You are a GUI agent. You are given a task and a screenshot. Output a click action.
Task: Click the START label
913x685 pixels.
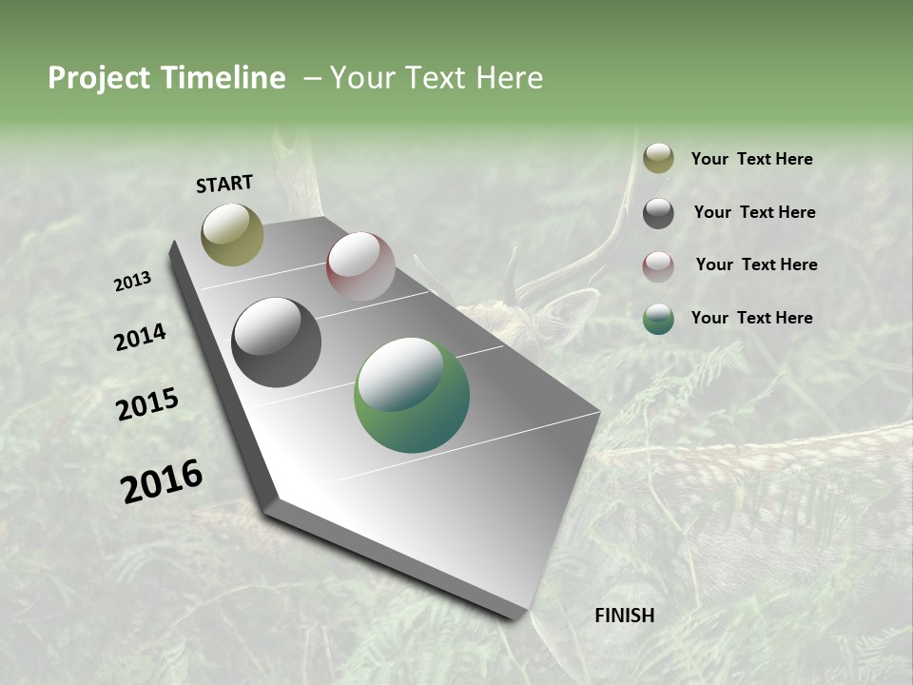pos(224,184)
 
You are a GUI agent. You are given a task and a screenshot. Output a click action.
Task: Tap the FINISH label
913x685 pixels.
pos(624,616)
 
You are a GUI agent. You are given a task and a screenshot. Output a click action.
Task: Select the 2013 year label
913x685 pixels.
pos(133,282)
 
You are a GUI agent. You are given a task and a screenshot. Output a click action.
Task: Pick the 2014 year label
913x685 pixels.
pos(141,338)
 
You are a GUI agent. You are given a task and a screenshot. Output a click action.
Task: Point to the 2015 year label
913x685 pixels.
pos(147,404)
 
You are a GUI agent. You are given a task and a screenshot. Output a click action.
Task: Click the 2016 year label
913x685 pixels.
pos(162,481)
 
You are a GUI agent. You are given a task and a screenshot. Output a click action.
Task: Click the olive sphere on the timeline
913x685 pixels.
pos(232,234)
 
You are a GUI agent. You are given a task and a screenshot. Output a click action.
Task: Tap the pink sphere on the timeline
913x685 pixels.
pos(360,265)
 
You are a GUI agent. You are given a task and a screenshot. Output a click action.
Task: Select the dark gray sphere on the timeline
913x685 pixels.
pos(277,342)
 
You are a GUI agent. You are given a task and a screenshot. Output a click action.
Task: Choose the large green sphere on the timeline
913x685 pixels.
pos(412,395)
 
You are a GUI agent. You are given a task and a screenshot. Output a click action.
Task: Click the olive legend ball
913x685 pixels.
pos(658,159)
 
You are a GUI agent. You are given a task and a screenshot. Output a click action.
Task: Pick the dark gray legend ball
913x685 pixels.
pos(658,213)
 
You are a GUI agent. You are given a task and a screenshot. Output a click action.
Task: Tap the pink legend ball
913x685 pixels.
pos(658,266)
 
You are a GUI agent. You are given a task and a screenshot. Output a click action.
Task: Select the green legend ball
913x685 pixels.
pos(658,320)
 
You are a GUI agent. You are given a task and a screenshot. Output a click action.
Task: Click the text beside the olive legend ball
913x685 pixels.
pos(751,159)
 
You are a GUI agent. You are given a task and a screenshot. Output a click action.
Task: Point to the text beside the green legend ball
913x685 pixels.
pos(751,318)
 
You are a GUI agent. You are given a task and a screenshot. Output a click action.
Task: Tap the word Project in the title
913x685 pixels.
pos(100,78)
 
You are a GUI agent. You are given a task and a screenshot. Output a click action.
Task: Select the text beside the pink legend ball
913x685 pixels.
pos(756,264)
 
